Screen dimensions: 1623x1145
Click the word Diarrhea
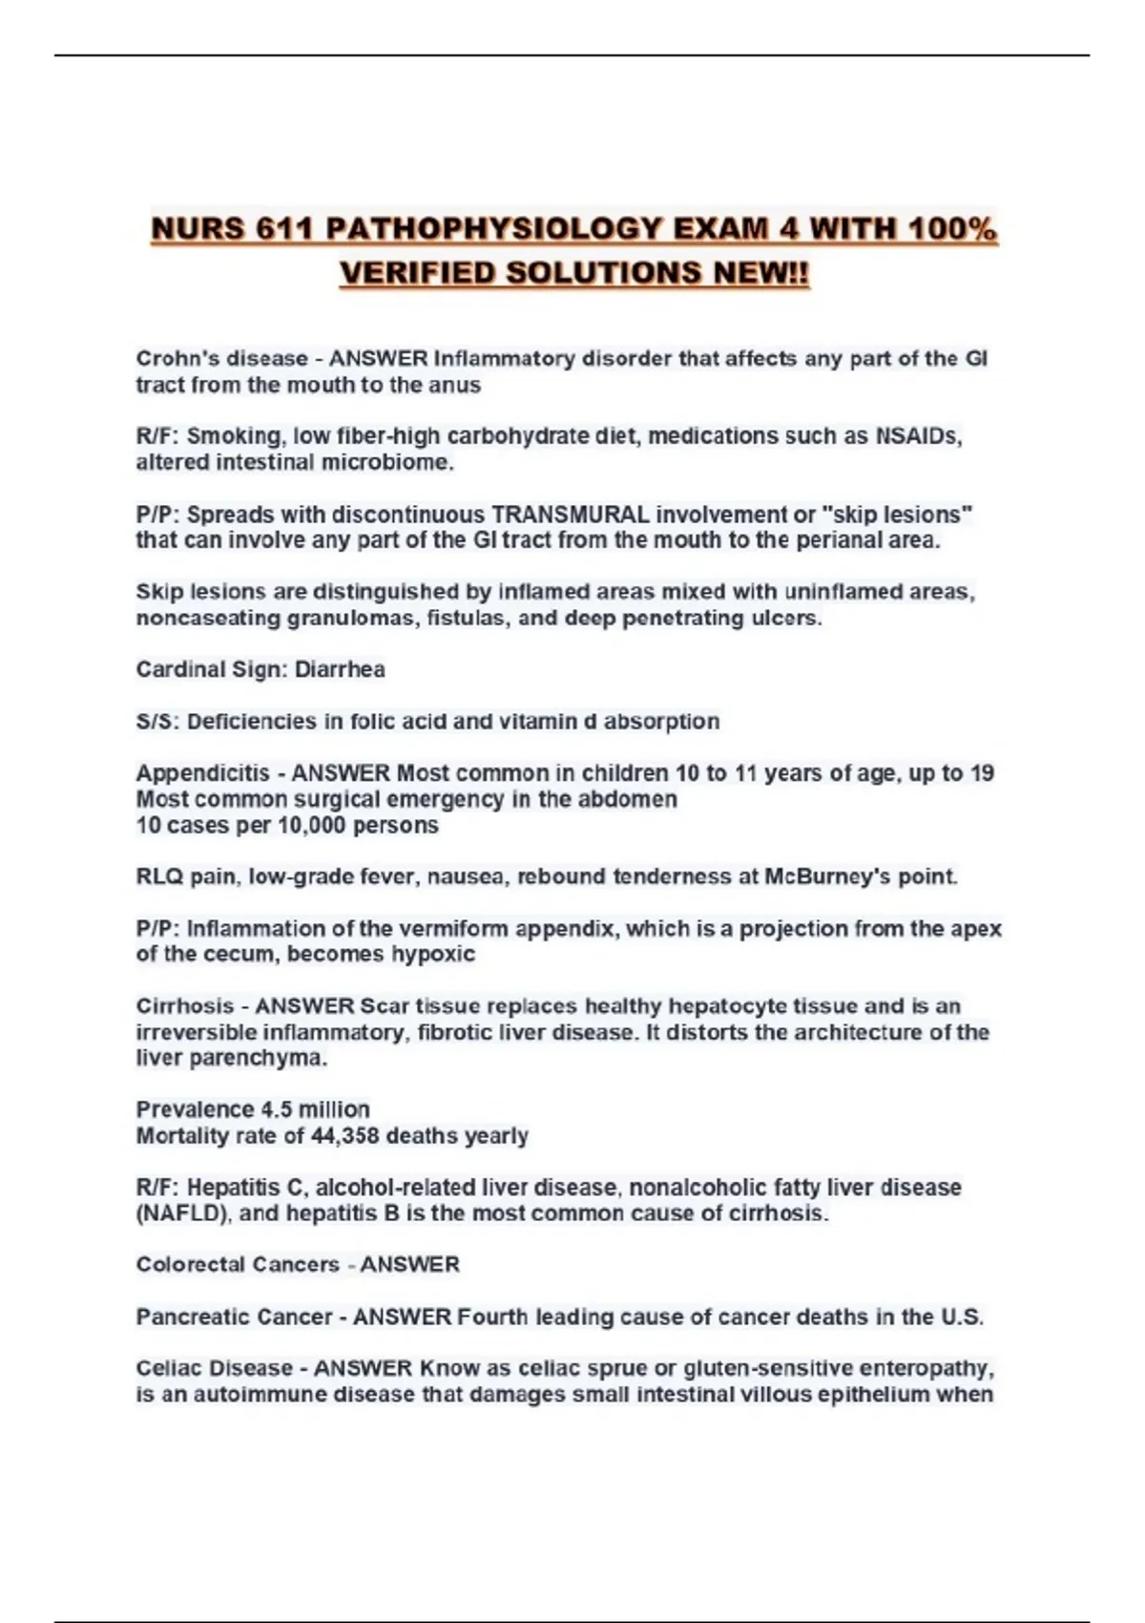click(x=340, y=669)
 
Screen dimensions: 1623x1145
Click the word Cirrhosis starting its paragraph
click(x=184, y=1006)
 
